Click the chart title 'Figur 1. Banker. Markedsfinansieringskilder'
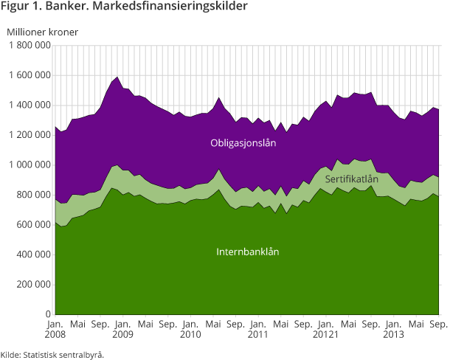tap(124, 8)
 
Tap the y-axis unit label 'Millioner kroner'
tap(42, 31)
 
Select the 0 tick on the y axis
tap(47, 314)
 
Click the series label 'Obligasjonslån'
tap(242, 143)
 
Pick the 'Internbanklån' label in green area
tap(248, 252)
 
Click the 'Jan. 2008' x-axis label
tap(55, 329)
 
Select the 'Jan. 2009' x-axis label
tap(122, 329)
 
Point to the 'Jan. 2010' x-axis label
tap(190, 329)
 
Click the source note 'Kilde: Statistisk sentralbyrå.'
tap(52, 354)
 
